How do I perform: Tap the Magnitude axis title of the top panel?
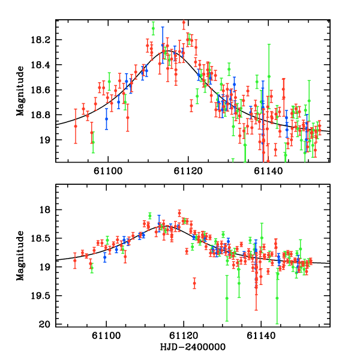20,91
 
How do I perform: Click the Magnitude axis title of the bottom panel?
20,255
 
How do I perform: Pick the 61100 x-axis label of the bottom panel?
106,335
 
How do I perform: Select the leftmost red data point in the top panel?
76,126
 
